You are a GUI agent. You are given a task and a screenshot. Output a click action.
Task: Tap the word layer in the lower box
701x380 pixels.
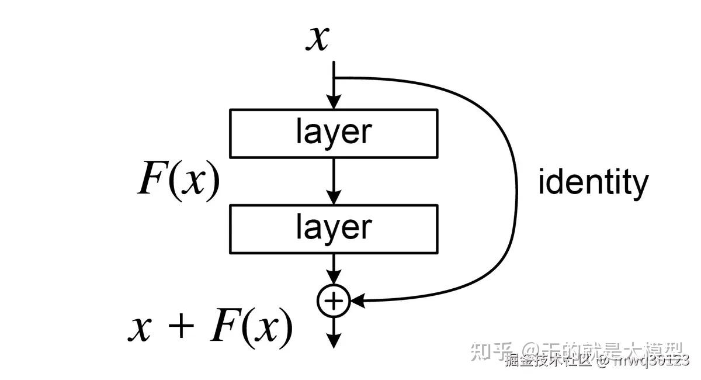[334, 228]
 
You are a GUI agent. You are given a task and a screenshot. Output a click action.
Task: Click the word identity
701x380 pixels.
[593, 182]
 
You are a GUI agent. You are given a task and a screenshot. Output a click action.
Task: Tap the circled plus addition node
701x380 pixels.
[333, 301]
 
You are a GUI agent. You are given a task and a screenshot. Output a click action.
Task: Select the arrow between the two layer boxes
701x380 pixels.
[333, 181]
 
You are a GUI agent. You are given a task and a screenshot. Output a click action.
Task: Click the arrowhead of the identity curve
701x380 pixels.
[357, 301]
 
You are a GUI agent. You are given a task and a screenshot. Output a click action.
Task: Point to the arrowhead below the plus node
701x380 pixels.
[333, 341]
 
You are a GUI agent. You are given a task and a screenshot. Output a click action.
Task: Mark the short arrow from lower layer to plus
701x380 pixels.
[333, 269]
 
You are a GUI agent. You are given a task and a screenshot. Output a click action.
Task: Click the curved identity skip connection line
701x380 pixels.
[516, 187]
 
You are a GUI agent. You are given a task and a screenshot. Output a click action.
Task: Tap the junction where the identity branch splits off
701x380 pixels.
[333, 78]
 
